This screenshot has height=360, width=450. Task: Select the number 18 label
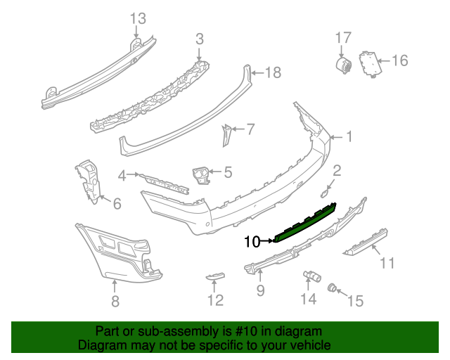272,72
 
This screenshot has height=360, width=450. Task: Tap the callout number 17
342,37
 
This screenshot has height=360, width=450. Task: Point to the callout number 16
399,60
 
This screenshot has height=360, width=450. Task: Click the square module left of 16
367,62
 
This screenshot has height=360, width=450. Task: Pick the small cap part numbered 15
333,287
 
